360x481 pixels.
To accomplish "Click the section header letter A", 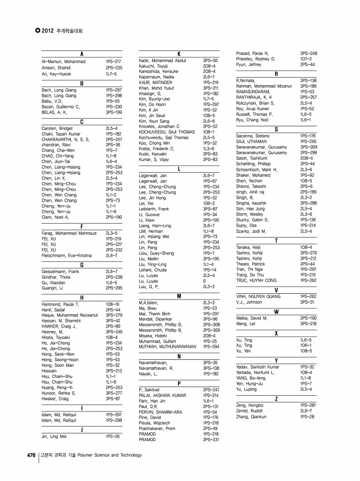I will pos(82,54).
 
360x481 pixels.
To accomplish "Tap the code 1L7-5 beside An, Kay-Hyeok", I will pos(111,75).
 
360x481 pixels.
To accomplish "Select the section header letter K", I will pos(179,54).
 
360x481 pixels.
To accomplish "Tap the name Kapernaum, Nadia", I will pos(157,76).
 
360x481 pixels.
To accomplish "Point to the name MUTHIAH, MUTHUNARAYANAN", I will pos(168,346).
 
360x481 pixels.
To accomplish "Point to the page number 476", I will pos(31,455).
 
